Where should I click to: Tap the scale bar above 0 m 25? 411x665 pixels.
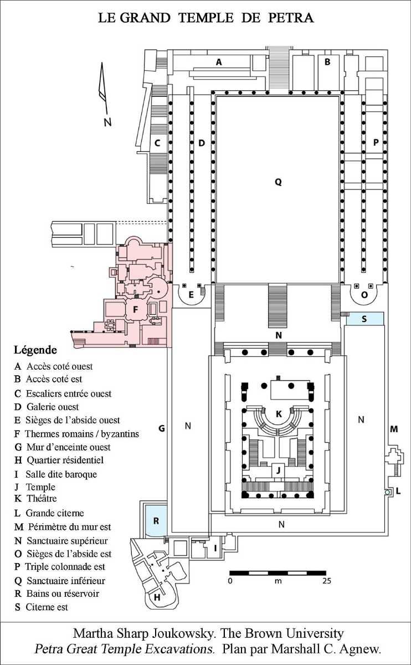pos(278,573)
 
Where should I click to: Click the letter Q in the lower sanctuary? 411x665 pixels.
pos(278,182)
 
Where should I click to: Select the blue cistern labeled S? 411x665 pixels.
pos(365,319)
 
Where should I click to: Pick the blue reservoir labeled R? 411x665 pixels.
pos(156,521)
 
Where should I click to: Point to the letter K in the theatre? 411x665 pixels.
pos(279,414)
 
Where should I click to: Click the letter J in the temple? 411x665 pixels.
pos(279,470)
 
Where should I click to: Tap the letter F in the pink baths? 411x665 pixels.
pos(135,310)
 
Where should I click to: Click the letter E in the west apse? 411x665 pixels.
pos(191,294)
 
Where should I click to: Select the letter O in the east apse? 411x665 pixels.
pos(364,295)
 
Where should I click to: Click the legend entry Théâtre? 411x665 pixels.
pos(42,498)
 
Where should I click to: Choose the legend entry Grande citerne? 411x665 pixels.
pos(55,513)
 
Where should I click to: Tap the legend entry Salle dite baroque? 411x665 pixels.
pos(61,474)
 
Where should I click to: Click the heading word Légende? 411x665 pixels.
pos(35,350)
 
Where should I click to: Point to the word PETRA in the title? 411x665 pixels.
pos(291,18)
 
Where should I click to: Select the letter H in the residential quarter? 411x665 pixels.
pos(157,597)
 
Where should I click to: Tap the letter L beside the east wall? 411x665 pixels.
pos(398,491)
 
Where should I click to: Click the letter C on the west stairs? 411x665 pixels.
pos(157,144)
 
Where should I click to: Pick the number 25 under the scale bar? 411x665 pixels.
pos(327,581)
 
